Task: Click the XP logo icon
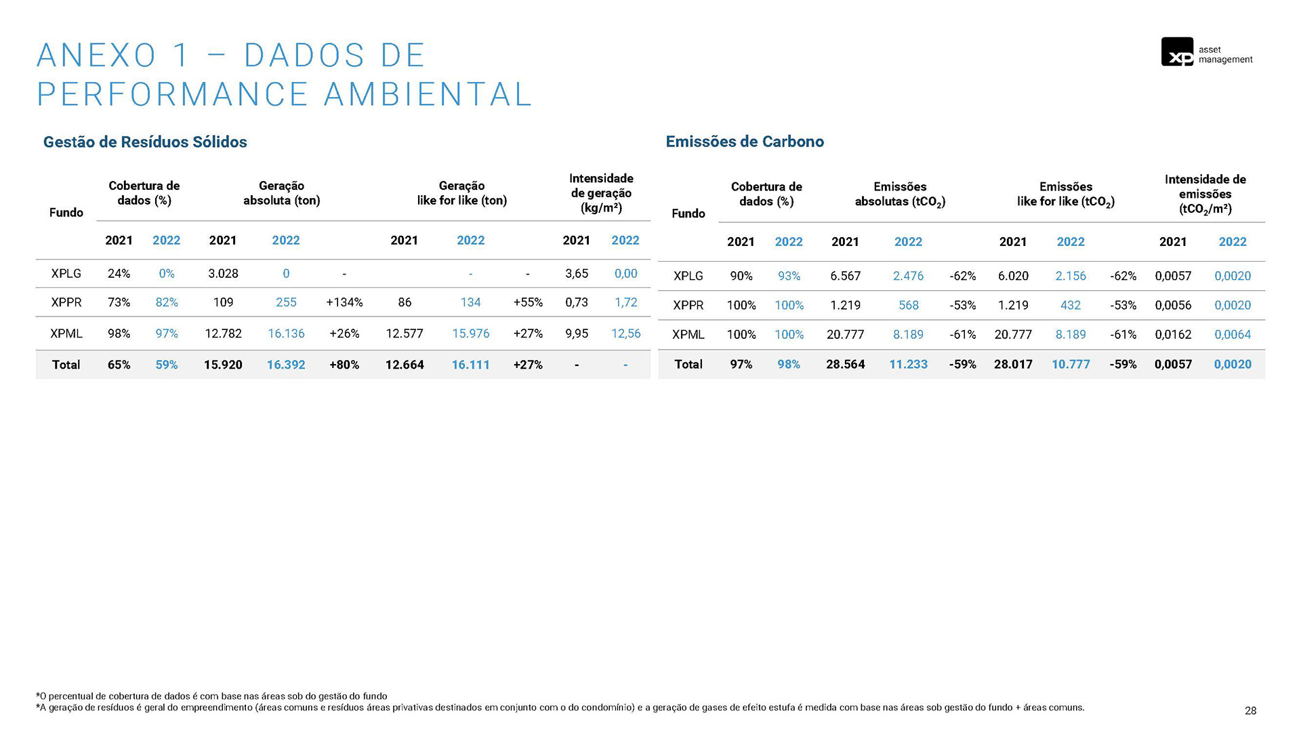(1177, 52)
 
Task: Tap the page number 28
(1250, 710)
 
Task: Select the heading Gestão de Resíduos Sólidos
(145, 142)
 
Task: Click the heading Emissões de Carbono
(745, 141)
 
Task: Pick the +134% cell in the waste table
(344, 302)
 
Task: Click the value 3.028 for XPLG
(223, 273)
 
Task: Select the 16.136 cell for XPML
(286, 333)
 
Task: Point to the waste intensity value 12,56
(625, 333)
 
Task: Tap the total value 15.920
(223, 365)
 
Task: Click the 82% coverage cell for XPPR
(167, 302)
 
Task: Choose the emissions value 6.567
(845, 276)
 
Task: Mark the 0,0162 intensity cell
(1173, 334)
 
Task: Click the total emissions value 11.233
(908, 364)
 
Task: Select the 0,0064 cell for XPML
(1232, 334)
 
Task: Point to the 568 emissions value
(908, 305)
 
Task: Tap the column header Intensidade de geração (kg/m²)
(601, 193)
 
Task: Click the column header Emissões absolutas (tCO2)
(900, 194)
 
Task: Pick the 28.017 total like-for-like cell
(1013, 364)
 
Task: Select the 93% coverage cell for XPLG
(789, 276)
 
